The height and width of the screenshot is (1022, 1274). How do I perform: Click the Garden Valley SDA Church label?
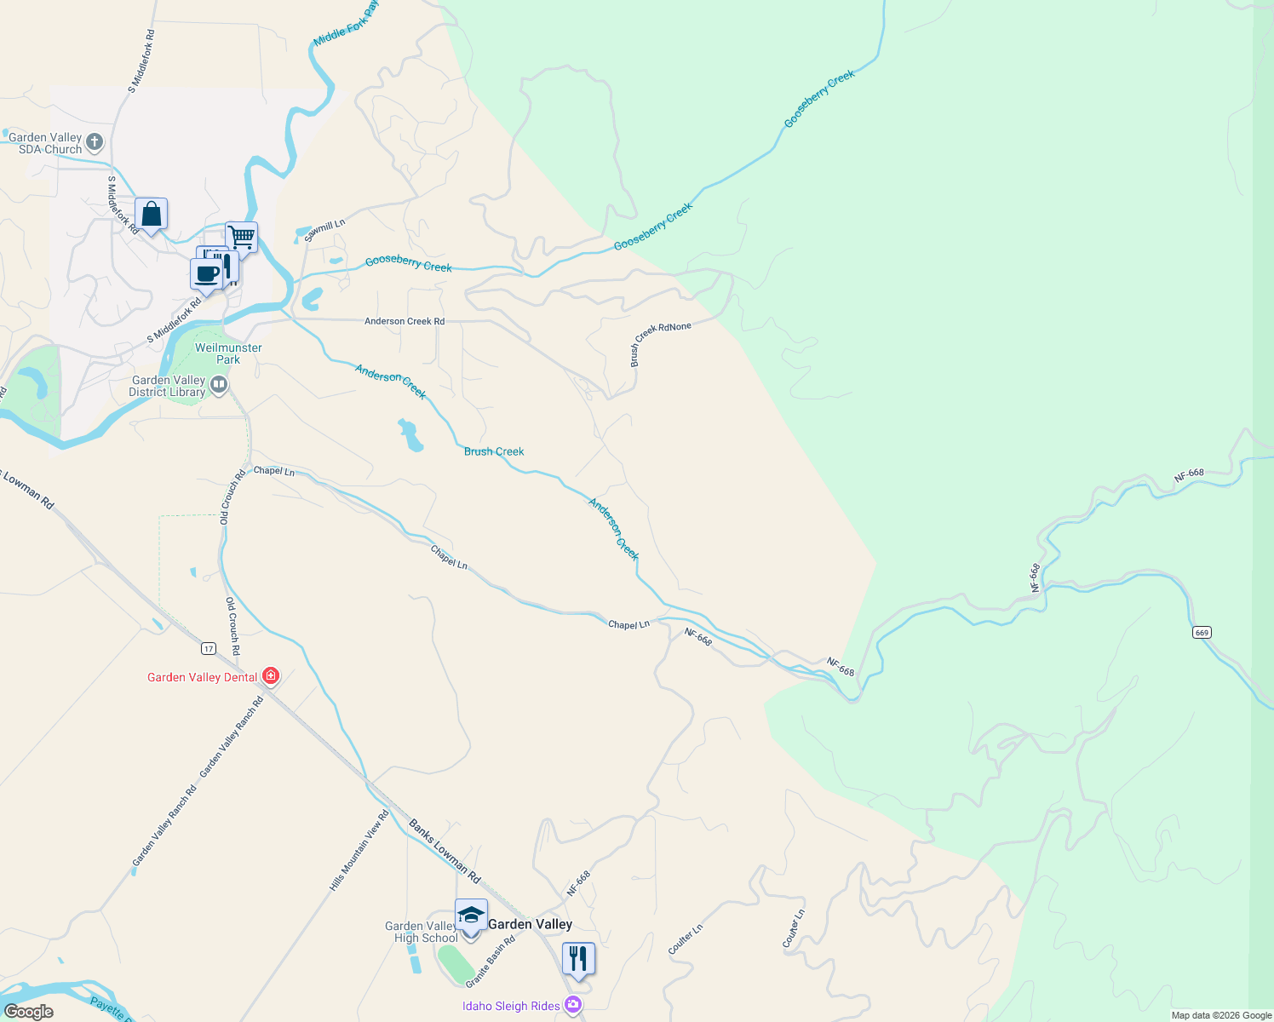tap(45, 143)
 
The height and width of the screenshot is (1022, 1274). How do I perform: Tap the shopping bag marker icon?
tap(151, 215)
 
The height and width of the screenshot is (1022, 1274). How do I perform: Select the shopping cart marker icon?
tap(241, 238)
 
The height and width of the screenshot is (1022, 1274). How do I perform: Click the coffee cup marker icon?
tap(206, 274)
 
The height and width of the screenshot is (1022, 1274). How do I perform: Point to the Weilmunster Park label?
tap(228, 353)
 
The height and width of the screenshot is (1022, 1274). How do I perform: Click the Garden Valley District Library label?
tap(168, 387)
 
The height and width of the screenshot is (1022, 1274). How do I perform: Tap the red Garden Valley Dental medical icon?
tap(271, 676)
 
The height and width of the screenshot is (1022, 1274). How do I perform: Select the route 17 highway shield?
tap(209, 649)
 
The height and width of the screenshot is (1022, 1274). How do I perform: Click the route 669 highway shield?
tap(1202, 632)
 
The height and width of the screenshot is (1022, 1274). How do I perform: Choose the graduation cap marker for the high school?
tap(471, 916)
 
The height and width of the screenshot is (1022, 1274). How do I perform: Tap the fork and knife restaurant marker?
tap(578, 959)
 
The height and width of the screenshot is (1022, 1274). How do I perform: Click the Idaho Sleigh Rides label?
tap(511, 1006)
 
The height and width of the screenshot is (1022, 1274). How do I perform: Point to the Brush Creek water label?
tap(494, 451)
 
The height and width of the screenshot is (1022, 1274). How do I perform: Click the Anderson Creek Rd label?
tap(405, 321)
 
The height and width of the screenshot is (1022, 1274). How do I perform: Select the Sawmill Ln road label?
tap(324, 229)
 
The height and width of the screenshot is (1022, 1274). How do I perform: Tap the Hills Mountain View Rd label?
tap(359, 851)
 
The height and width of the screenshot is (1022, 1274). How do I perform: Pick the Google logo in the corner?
tap(29, 1012)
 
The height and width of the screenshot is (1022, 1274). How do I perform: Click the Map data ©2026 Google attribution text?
tap(1221, 1015)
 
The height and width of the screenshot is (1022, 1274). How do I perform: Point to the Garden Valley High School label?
tap(422, 932)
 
